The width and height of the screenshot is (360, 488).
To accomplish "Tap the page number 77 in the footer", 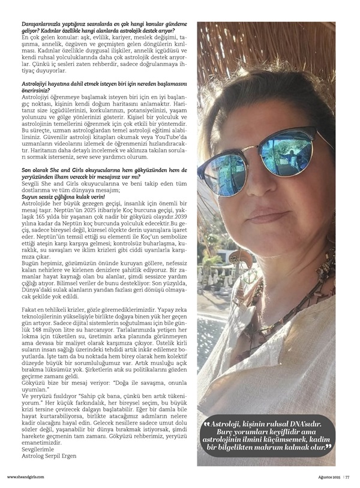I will [347, 477].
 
